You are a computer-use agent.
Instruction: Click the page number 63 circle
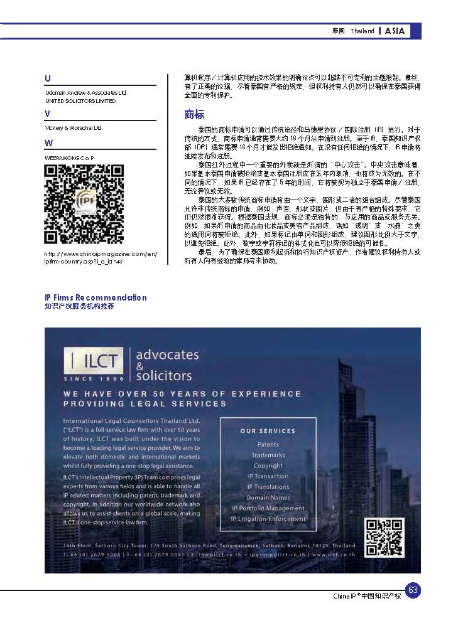[413, 590]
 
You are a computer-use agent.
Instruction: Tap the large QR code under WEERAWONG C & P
[84, 204]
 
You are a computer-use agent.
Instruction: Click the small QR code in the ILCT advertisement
[384, 537]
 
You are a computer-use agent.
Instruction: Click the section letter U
[48, 78]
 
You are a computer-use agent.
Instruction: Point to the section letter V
[48, 114]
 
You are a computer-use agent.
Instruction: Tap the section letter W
[48, 143]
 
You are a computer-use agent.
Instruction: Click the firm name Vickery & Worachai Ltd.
[74, 128]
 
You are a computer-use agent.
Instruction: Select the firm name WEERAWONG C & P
[69, 157]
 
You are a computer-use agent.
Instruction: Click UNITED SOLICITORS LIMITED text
[80, 100]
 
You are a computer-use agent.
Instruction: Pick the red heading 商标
[194, 114]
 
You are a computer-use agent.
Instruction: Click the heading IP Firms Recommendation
[95, 297]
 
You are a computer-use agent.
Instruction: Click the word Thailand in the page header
[363, 31]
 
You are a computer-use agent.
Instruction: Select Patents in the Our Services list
[268, 444]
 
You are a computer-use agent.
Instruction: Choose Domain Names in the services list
[268, 498]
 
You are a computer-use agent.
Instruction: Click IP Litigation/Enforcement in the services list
[268, 519]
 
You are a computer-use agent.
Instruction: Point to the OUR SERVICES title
[268, 431]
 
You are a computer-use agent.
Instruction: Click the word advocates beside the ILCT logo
[167, 354]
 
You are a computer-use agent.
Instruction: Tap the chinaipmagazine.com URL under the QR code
[101, 257]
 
